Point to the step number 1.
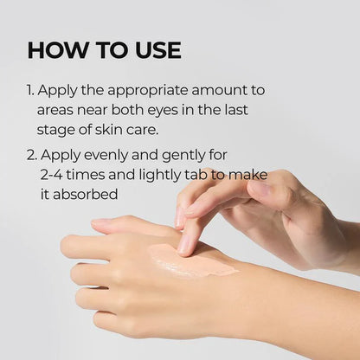[31, 91]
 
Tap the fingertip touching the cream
[185, 247]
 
